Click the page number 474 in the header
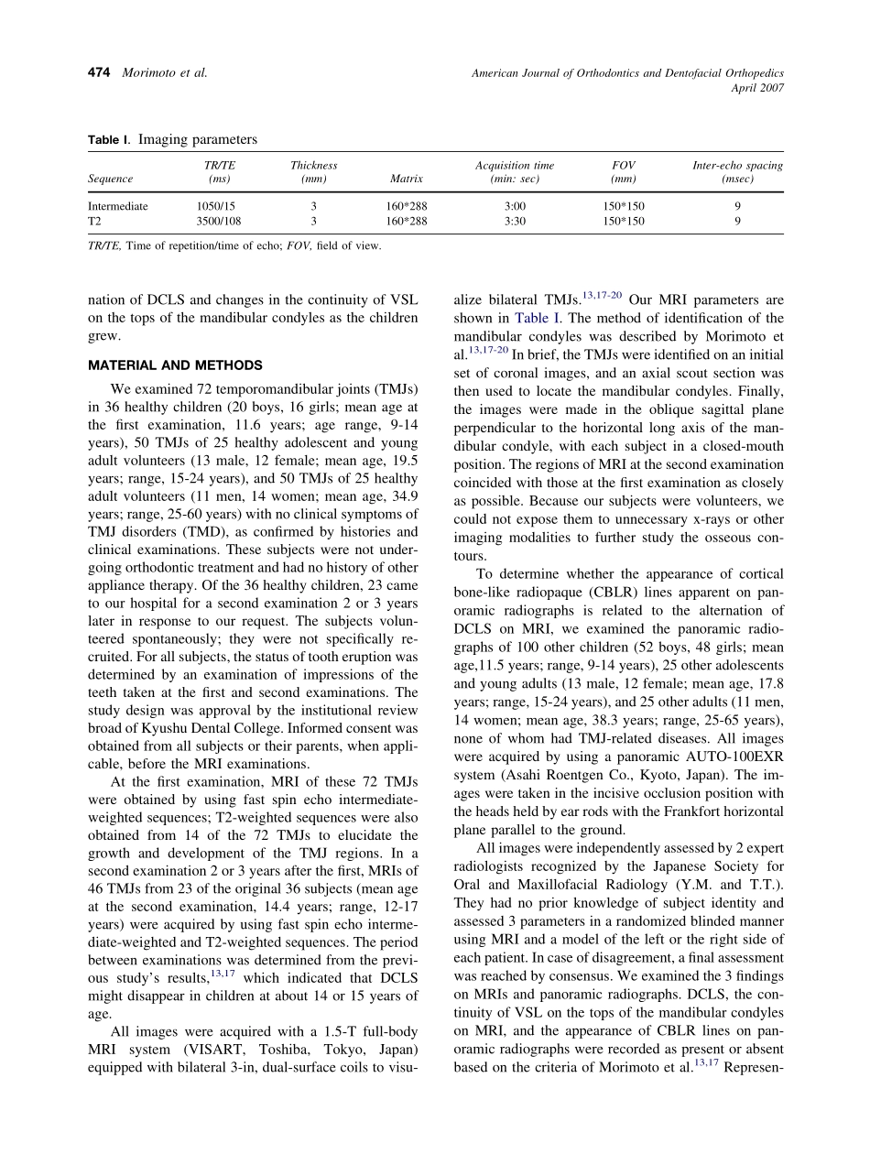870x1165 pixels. coord(99,73)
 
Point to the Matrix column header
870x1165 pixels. coord(407,180)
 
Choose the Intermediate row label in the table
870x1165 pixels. coord(117,206)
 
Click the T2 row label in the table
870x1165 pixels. coord(94,221)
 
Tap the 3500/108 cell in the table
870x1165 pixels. coord(217,221)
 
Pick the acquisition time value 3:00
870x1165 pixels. coord(515,206)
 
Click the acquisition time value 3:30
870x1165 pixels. coord(515,221)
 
